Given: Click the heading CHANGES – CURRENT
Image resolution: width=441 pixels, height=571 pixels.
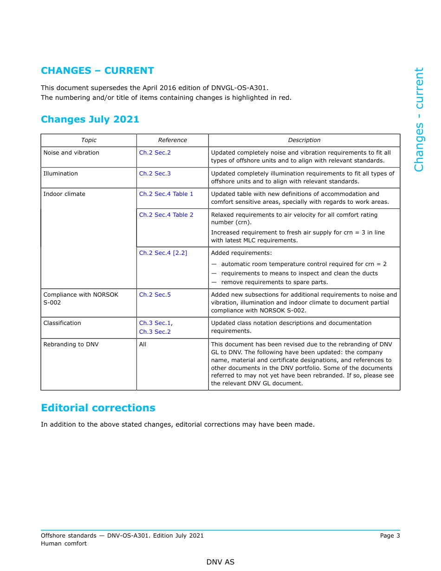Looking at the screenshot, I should click(97, 71).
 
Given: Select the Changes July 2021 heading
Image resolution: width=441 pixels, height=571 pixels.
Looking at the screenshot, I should click(90, 119).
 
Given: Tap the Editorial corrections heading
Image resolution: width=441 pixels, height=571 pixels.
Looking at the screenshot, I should click(98, 408).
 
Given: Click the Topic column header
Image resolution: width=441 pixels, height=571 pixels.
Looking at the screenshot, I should click(89, 140).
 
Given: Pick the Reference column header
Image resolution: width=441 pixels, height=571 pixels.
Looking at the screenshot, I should click(172, 140).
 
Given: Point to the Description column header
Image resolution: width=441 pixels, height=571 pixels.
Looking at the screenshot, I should click(304, 140).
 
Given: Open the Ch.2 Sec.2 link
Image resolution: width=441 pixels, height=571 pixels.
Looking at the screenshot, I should click(155, 153).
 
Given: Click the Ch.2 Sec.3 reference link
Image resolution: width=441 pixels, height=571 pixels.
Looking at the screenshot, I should click(155, 174).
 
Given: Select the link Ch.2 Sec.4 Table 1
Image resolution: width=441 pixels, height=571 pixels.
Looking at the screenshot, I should click(166, 194).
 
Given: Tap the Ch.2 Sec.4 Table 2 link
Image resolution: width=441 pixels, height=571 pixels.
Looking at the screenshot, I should click(166, 215).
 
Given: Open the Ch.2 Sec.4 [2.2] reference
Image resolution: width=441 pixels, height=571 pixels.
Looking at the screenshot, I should click(163, 253).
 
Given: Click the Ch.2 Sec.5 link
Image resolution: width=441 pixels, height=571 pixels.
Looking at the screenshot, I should click(155, 295).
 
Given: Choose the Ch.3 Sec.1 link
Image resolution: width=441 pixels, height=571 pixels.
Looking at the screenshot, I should click(155, 323).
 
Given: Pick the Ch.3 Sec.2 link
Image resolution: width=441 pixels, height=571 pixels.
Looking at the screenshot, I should click(155, 332).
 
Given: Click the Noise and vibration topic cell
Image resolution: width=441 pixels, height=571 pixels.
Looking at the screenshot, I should click(71, 153).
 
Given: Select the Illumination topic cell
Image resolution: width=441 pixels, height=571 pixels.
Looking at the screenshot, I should click(60, 174).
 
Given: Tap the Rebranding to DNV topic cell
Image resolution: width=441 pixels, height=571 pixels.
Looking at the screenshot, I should click(71, 344).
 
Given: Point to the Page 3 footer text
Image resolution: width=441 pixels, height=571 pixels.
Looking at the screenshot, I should click(390, 536).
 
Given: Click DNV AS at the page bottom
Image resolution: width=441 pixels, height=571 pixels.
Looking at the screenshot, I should click(220, 562).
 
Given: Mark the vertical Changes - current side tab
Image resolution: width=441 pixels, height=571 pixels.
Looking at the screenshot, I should click(419, 120).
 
